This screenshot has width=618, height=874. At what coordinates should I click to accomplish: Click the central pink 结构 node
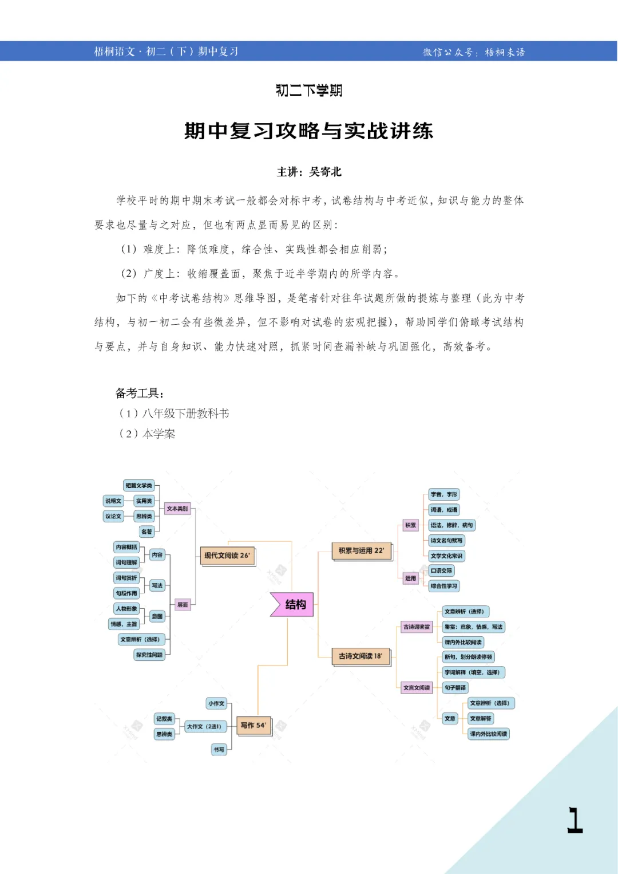(293, 604)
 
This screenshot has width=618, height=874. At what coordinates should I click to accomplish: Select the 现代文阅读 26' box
(227, 556)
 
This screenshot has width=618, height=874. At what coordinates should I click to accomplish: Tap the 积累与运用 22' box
(361, 551)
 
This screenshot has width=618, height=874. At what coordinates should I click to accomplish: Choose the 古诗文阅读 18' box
(360, 656)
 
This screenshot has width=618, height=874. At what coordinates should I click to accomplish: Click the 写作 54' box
(253, 726)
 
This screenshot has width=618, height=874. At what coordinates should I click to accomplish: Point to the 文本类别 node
(177, 509)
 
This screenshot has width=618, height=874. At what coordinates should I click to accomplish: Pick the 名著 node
(147, 532)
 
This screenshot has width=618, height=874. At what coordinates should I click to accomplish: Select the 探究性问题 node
(149, 655)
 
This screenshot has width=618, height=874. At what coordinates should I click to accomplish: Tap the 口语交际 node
(441, 570)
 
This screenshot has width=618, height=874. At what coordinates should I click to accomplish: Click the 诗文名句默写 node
(447, 540)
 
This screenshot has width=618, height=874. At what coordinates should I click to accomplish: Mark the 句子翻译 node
(455, 687)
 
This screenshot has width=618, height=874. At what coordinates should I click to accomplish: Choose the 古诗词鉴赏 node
(417, 627)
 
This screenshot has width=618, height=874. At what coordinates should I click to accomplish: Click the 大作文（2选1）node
(204, 726)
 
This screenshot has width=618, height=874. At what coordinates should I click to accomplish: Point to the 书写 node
(219, 749)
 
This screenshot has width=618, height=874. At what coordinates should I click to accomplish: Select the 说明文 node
(113, 501)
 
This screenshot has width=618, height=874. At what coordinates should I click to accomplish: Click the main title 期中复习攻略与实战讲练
(308, 131)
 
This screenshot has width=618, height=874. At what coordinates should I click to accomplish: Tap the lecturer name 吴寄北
(325, 172)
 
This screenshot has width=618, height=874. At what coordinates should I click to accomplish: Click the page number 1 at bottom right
(575, 820)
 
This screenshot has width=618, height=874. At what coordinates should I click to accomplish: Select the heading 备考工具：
(140, 393)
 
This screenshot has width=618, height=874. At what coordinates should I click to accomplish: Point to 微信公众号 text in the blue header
(448, 52)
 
